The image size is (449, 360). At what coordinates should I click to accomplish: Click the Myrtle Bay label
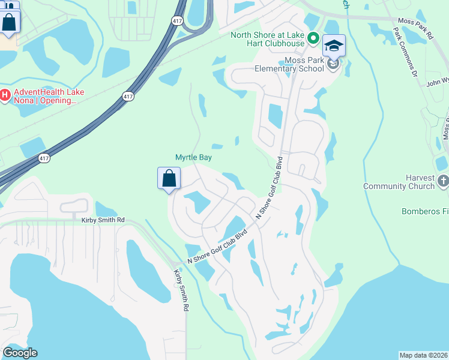(x=193, y=157)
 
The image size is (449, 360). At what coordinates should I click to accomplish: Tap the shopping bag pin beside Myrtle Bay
(x=169, y=178)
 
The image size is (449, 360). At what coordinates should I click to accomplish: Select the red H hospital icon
(x=5, y=95)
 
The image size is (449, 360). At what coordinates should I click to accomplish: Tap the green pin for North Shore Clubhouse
(x=313, y=38)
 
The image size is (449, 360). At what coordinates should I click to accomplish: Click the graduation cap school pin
(x=334, y=46)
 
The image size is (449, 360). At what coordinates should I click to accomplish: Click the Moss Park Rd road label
(x=415, y=28)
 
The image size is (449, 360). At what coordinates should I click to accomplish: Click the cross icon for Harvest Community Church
(x=443, y=181)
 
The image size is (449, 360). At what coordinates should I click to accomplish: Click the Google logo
(x=20, y=353)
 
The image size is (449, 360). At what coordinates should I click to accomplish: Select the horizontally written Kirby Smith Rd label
(x=103, y=220)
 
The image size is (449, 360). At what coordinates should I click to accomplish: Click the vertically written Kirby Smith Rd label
(x=181, y=290)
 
